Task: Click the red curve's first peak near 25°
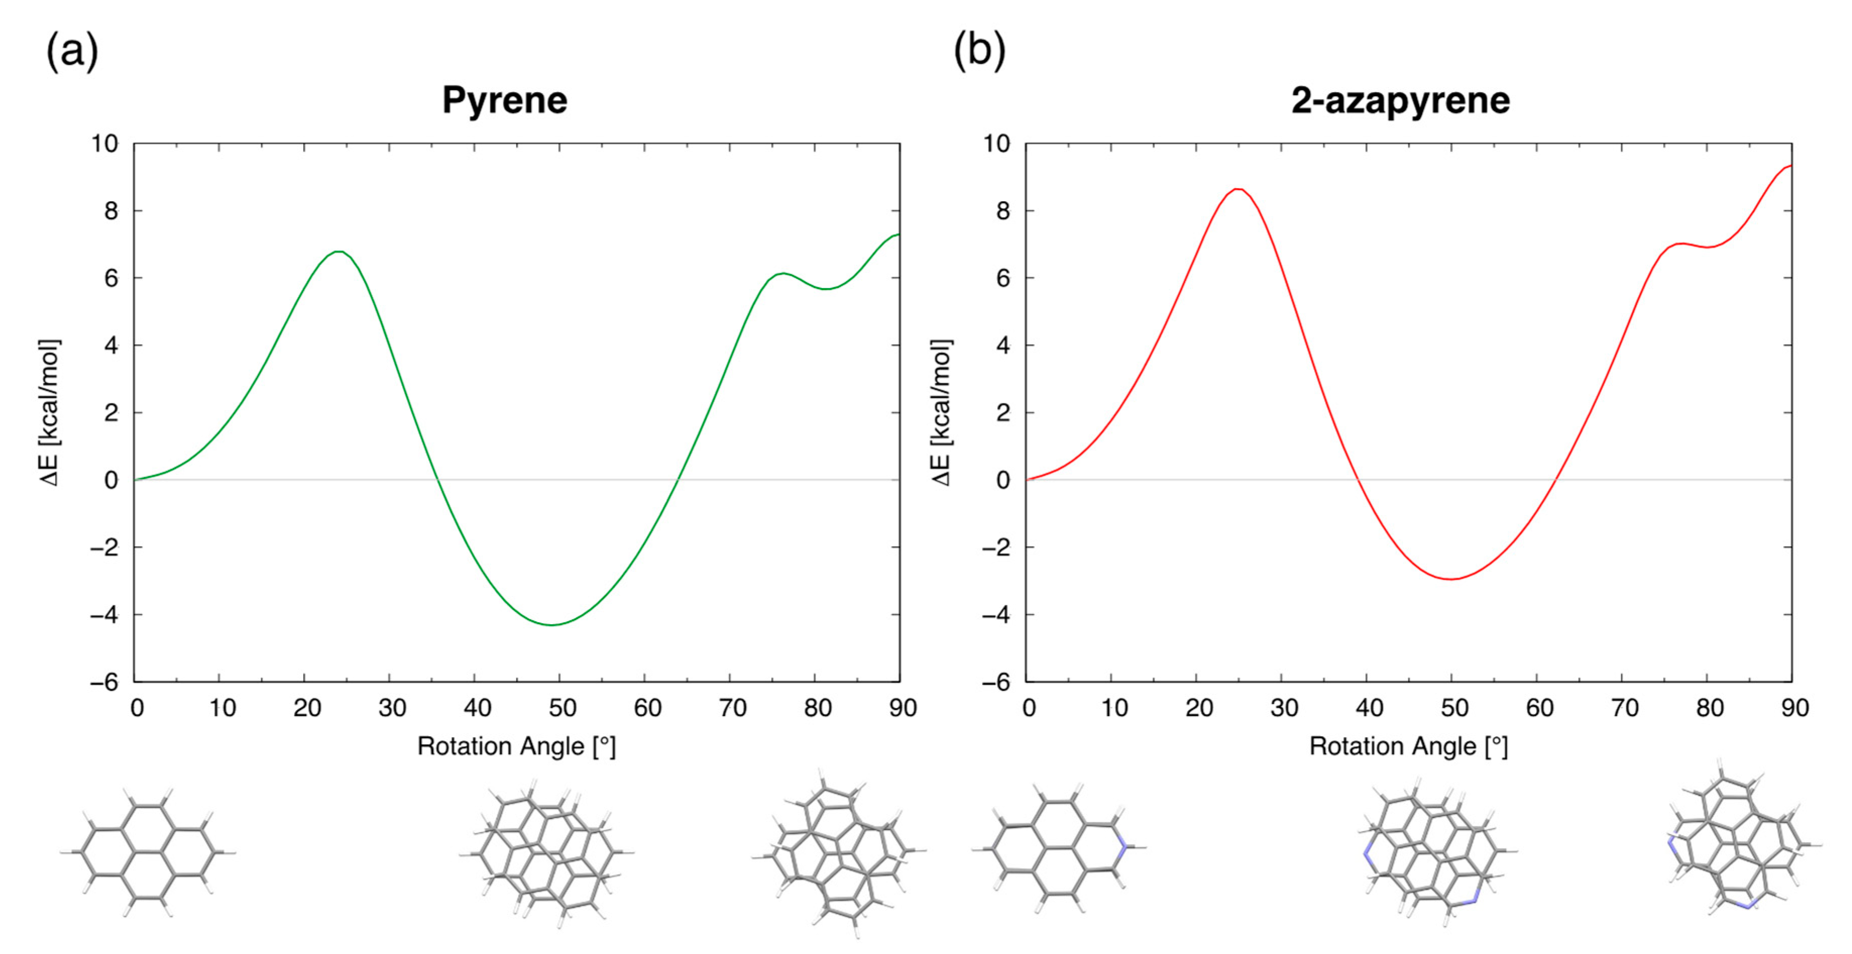pos(1237,189)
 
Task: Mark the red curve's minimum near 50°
pos(1451,579)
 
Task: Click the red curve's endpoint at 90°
pos(1790,166)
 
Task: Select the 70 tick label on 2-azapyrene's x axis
pos(1624,708)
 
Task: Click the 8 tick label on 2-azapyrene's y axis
pos(1002,211)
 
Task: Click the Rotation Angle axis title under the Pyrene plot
pos(516,746)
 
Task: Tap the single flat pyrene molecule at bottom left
pos(147,852)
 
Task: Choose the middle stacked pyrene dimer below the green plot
pos(546,852)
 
